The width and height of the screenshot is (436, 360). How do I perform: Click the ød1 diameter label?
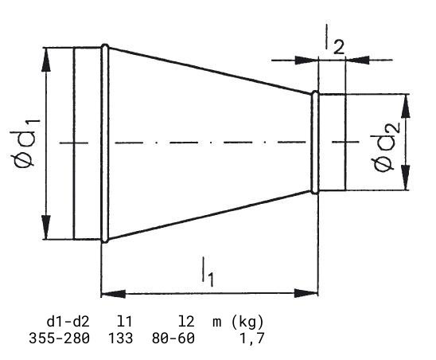pos(25,143)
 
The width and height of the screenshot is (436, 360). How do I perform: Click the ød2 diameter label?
pos(386,147)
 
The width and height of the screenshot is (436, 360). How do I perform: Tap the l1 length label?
pos(208,272)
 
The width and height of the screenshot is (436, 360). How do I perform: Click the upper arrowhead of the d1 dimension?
pos(46,61)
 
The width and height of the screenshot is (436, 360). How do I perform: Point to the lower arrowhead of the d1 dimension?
pos(46,227)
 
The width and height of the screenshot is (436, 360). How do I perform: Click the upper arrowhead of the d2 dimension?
pos(406,107)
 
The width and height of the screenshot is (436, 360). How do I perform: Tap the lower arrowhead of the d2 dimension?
pos(406,178)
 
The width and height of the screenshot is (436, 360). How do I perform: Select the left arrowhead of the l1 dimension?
pos(113,293)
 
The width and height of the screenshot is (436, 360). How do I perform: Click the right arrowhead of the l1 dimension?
pos(306,293)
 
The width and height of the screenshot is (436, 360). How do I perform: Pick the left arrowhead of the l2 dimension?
pos(306,60)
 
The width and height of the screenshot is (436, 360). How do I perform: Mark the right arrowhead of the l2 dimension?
pos(357,60)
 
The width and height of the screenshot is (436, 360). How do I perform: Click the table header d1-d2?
pos(68,322)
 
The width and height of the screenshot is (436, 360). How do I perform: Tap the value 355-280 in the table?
pos(59,338)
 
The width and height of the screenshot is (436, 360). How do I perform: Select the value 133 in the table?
pos(120,338)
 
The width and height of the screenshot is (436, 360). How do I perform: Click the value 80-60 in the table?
pos(173,338)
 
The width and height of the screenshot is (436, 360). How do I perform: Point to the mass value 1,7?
pos(251,338)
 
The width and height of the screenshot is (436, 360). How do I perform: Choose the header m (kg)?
pos(238,322)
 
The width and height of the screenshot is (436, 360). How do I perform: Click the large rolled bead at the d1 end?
pos(105,143)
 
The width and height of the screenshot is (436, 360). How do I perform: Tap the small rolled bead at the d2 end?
pos(315,143)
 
